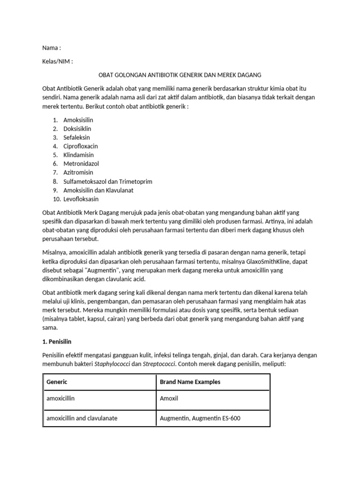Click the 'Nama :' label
(x=51, y=48)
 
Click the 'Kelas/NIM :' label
(x=58, y=61)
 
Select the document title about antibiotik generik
(x=180, y=75)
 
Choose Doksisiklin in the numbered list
(x=77, y=128)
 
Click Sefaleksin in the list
(x=76, y=137)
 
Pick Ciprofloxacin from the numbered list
(x=81, y=146)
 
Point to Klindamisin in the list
(x=78, y=155)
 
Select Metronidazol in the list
(x=81, y=164)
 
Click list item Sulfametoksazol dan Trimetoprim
(x=108, y=181)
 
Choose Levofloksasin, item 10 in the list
(x=81, y=199)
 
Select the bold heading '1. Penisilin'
(x=60, y=342)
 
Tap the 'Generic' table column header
(x=57, y=382)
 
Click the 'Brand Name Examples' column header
(x=190, y=382)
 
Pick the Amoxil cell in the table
(x=169, y=398)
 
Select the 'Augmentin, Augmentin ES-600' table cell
(x=200, y=418)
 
